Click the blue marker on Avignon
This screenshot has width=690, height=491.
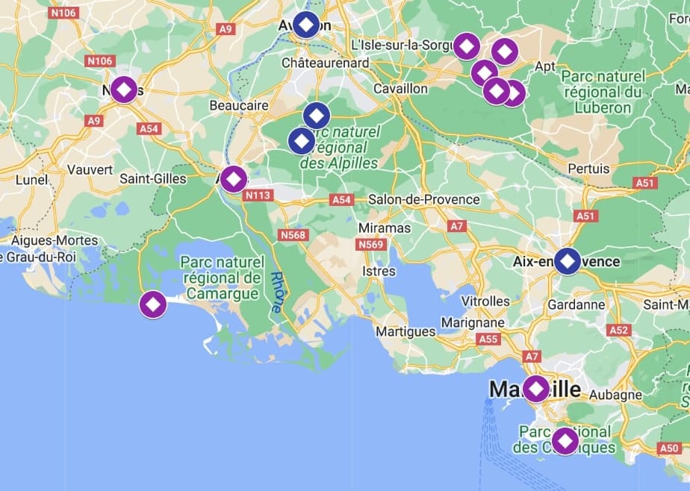306,25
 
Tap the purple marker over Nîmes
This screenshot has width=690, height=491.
124,90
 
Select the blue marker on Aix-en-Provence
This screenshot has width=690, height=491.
568,261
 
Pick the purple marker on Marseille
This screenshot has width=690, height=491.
535,389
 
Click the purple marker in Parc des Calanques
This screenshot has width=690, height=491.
565,440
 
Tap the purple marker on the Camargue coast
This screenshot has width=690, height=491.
153,304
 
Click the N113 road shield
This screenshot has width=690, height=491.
258,196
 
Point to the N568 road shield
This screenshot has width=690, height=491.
293,235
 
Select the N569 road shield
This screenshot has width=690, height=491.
370,245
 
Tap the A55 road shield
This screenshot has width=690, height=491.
488,340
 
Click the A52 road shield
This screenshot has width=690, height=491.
619,330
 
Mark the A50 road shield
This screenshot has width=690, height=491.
669,448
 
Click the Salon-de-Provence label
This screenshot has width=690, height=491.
423,199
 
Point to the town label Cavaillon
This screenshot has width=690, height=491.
400,89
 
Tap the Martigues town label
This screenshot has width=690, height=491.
405,331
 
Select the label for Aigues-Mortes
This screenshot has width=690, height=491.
55,240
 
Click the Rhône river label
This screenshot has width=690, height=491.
276,292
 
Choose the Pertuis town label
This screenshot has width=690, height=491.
588,169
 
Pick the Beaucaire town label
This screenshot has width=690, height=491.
239,106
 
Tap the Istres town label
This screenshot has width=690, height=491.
378,271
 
